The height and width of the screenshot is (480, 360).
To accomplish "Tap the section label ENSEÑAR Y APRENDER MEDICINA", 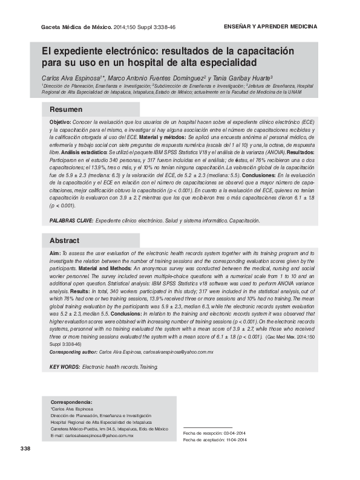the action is [271, 28].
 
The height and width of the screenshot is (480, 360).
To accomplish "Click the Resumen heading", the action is [66, 109].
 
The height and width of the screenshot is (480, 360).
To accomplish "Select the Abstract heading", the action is [64, 240].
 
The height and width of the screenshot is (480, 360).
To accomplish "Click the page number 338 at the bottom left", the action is [25, 449].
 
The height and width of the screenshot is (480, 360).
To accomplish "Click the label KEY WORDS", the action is [64, 367].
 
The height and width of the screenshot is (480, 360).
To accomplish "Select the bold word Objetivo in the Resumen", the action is [60, 122].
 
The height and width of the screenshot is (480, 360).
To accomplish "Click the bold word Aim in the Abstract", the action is [54, 252].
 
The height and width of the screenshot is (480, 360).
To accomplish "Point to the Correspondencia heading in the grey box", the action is [71, 401].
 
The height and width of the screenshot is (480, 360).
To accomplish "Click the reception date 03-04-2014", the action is [234, 433].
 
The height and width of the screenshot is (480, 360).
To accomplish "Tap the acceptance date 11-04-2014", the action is [235, 440].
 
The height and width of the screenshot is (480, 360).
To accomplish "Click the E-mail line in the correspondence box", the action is [91, 435].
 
